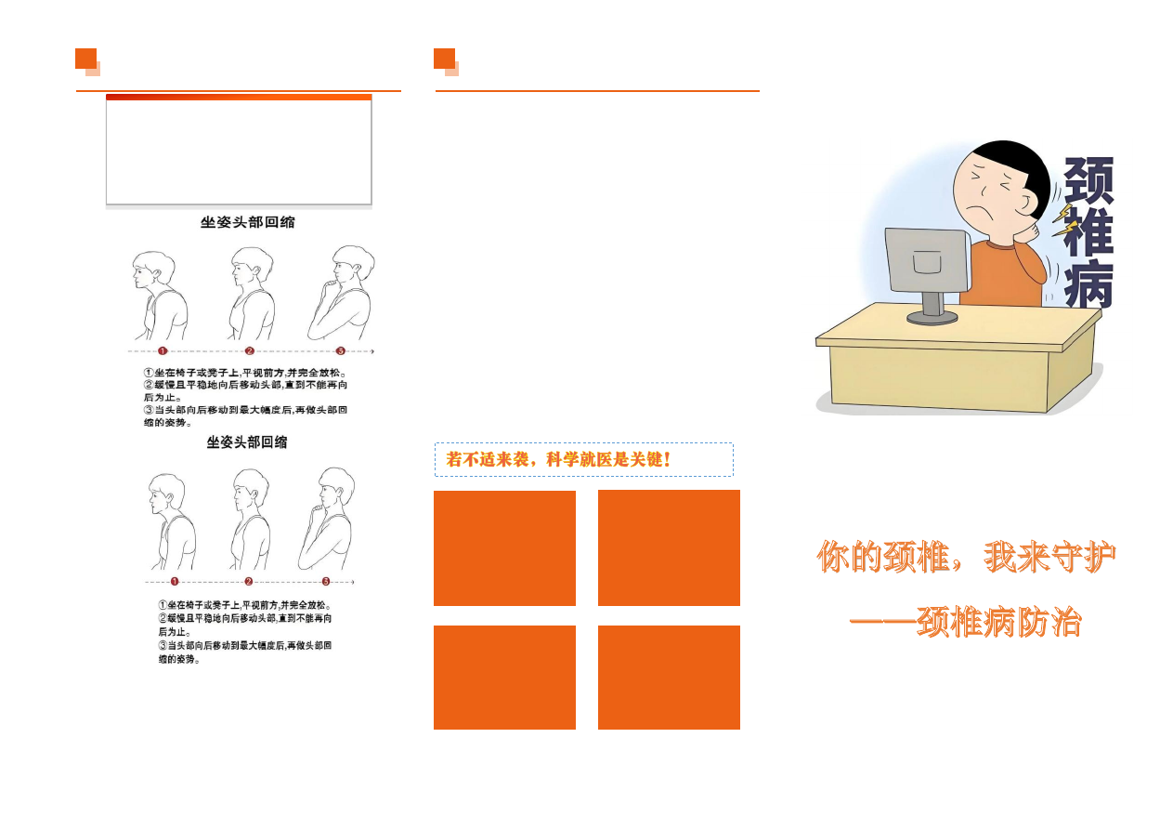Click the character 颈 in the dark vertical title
pos(1088,179)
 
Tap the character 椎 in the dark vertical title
pos(1088,231)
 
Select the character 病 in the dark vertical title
pos(1088,283)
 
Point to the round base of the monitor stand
pos(932,318)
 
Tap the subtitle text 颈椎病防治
pos(999,623)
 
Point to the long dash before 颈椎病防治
pos(883,623)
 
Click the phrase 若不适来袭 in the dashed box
pos(488,459)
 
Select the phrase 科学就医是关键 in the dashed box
pos(604,459)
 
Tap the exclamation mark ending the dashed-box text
pos(667,459)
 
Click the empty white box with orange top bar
pos(239,150)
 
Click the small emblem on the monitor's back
pos(928,261)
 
